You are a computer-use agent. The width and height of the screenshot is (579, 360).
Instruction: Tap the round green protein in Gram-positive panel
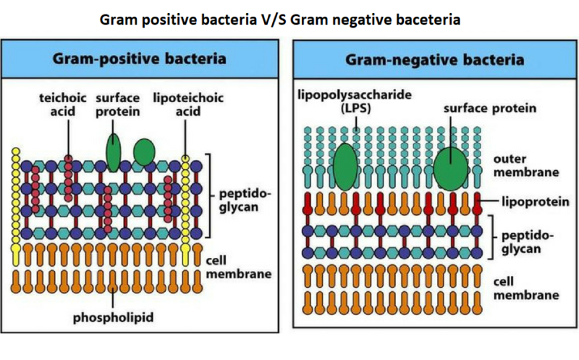[144, 151]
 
